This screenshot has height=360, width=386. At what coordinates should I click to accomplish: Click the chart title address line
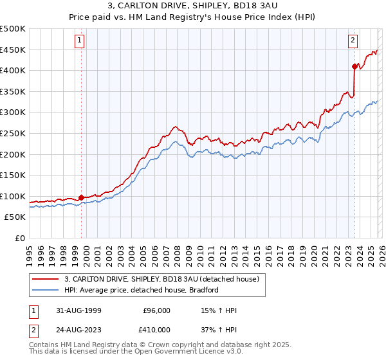pos(192,6)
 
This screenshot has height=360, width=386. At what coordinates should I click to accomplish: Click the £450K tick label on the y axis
pos(13,50)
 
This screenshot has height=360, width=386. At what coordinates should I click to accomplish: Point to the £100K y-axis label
pos(13,196)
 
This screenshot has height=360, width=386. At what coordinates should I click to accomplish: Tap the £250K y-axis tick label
pos(13,134)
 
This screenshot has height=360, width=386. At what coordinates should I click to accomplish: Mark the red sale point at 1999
pos(81,197)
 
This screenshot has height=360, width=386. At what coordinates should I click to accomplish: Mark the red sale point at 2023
pos(354,66)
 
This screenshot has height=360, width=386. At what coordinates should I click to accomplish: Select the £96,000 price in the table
pos(156,310)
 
